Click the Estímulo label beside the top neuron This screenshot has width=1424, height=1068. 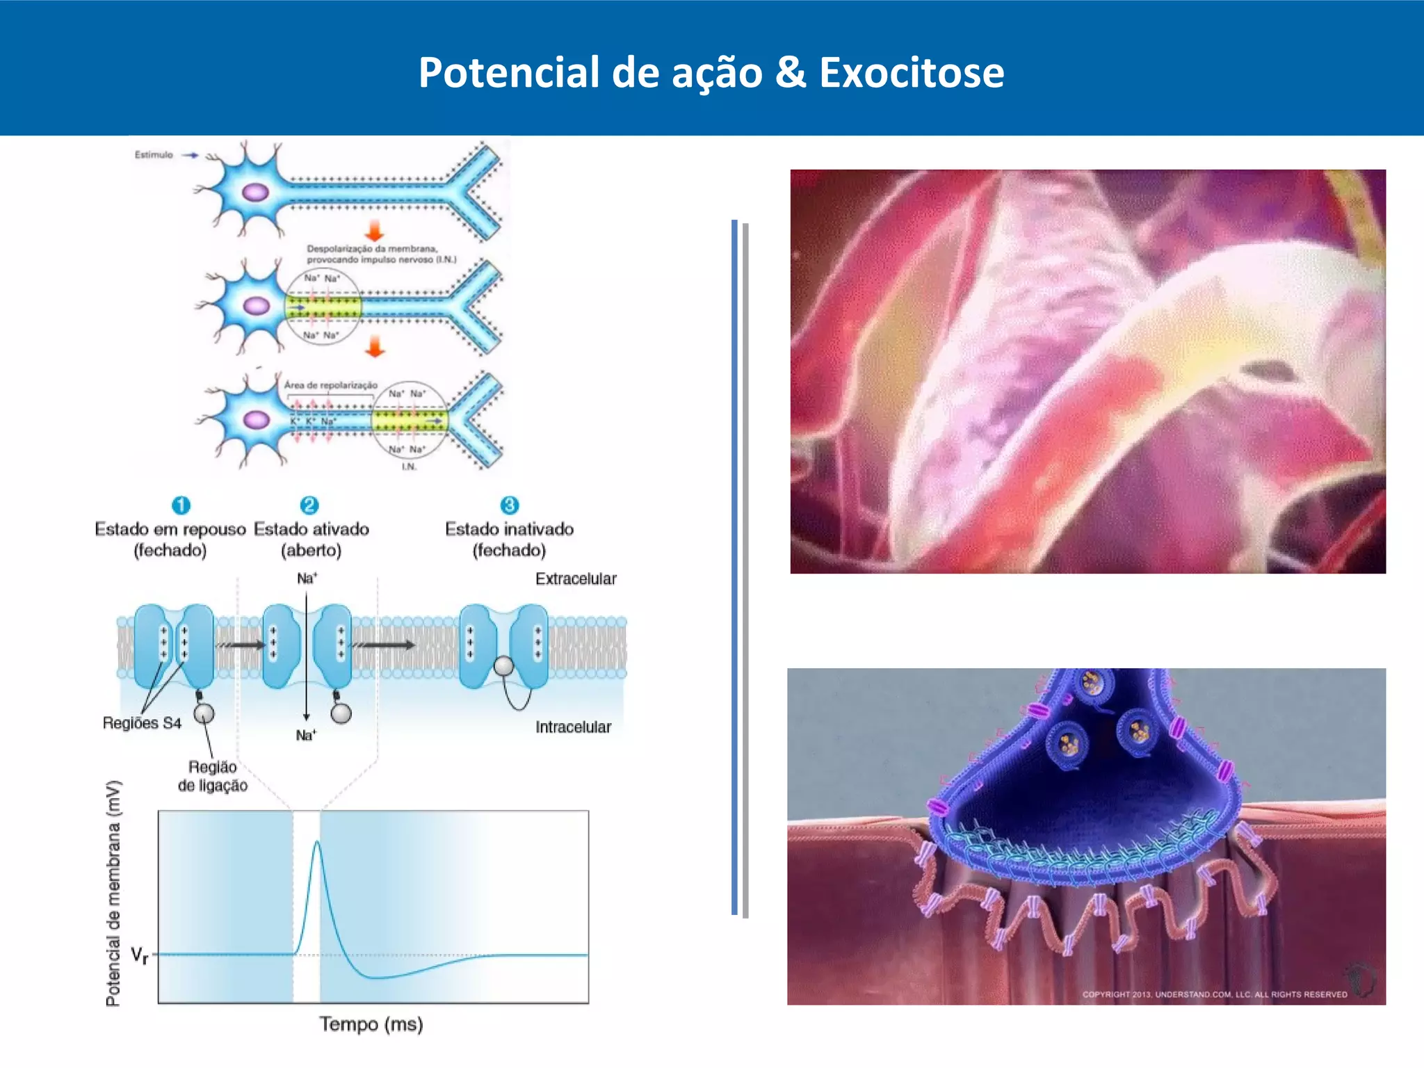pyautogui.click(x=154, y=154)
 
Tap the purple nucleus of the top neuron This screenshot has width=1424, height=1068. pyautogui.click(x=255, y=192)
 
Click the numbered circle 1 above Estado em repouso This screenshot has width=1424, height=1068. pyautogui.click(x=181, y=505)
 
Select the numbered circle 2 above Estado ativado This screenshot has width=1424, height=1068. pyautogui.click(x=309, y=505)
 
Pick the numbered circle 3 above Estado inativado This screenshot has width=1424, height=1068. pyautogui.click(x=509, y=505)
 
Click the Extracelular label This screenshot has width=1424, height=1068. pyautogui.click(x=575, y=578)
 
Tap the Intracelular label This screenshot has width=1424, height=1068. pyautogui.click(x=573, y=727)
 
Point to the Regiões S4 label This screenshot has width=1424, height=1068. pyautogui.click(x=142, y=723)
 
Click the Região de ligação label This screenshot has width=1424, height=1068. pyautogui.click(x=213, y=776)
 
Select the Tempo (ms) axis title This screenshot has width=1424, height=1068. pyautogui.click(x=371, y=1024)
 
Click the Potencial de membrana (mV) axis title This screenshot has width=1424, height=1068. pyautogui.click(x=113, y=893)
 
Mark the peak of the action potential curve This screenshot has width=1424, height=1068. pyautogui.click(x=317, y=842)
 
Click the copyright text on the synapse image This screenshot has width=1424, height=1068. pyautogui.click(x=1214, y=994)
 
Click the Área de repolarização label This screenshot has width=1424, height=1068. pyautogui.click(x=330, y=385)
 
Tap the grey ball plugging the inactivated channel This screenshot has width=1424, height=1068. pyautogui.click(x=503, y=666)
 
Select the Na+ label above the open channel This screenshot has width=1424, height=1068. pyautogui.click(x=307, y=578)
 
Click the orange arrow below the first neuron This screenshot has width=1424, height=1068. pyautogui.click(x=375, y=230)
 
